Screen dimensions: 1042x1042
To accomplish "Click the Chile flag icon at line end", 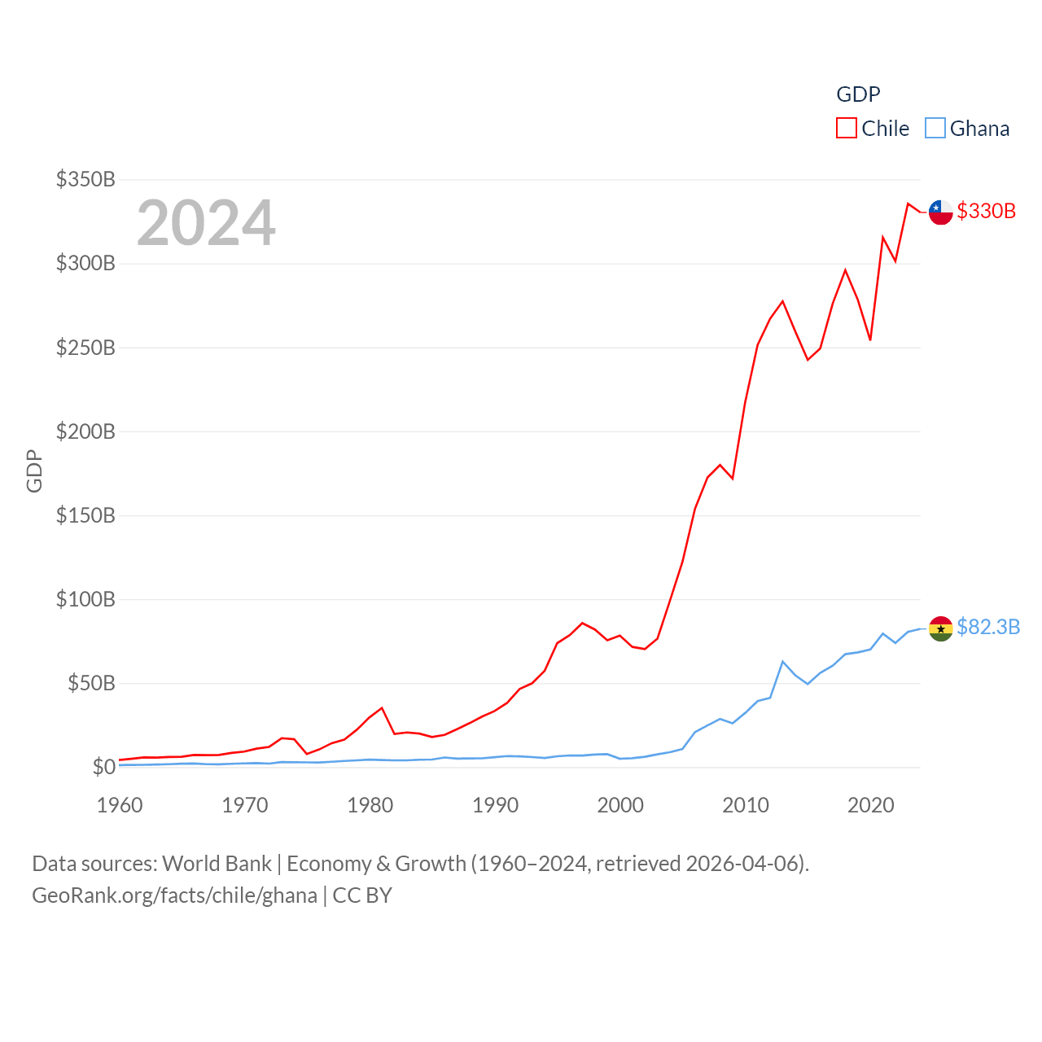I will tap(940, 212).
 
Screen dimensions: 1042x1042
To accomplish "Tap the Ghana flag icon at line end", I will tap(940, 628).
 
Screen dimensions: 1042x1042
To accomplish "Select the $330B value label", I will tap(986, 211).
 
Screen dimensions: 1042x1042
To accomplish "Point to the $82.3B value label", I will tap(988, 627).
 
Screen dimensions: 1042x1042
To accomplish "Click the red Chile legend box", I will tap(847, 129).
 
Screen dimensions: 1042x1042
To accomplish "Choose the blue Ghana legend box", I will tap(935, 129).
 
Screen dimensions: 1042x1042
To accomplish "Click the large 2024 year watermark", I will tap(206, 223).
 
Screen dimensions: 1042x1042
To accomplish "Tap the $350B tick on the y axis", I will tap(85, 179).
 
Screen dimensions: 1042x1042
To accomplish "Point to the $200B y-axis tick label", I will tap(85, 431).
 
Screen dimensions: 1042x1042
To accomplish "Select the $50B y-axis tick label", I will tap(91, 683).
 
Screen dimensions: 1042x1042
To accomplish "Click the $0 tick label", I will tap(104, 767).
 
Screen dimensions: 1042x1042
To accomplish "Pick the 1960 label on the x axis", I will tap(120, 805).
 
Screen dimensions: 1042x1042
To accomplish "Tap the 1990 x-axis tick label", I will tap(495, 805).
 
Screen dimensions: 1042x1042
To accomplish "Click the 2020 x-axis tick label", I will tap(871, 805).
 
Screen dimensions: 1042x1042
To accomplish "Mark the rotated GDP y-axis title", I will tap(34, 471).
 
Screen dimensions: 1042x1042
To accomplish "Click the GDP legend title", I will tap(858, 94).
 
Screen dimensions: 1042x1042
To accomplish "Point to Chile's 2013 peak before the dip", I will tap(782, 301).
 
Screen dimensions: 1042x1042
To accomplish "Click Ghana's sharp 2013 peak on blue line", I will tap(782, 661).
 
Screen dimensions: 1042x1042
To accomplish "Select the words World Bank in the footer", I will tap(217, 863).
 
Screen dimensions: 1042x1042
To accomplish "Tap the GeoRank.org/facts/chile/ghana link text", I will tap(174, 895).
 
